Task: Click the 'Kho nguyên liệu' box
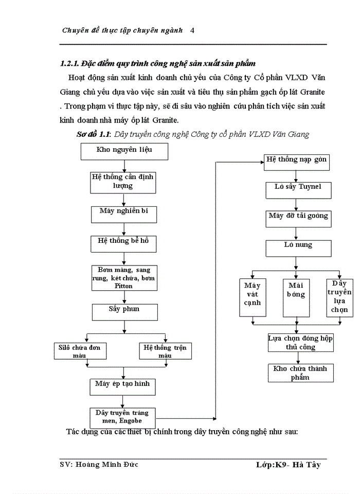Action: [124, 151]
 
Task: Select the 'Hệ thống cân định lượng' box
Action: [123, 181]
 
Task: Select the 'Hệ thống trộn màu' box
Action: [165, 351]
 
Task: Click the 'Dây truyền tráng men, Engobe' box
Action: [122, 416]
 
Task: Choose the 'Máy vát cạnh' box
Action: [253, 297]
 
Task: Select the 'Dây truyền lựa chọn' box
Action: [339, 297]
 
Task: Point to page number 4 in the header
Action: [192, 30]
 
